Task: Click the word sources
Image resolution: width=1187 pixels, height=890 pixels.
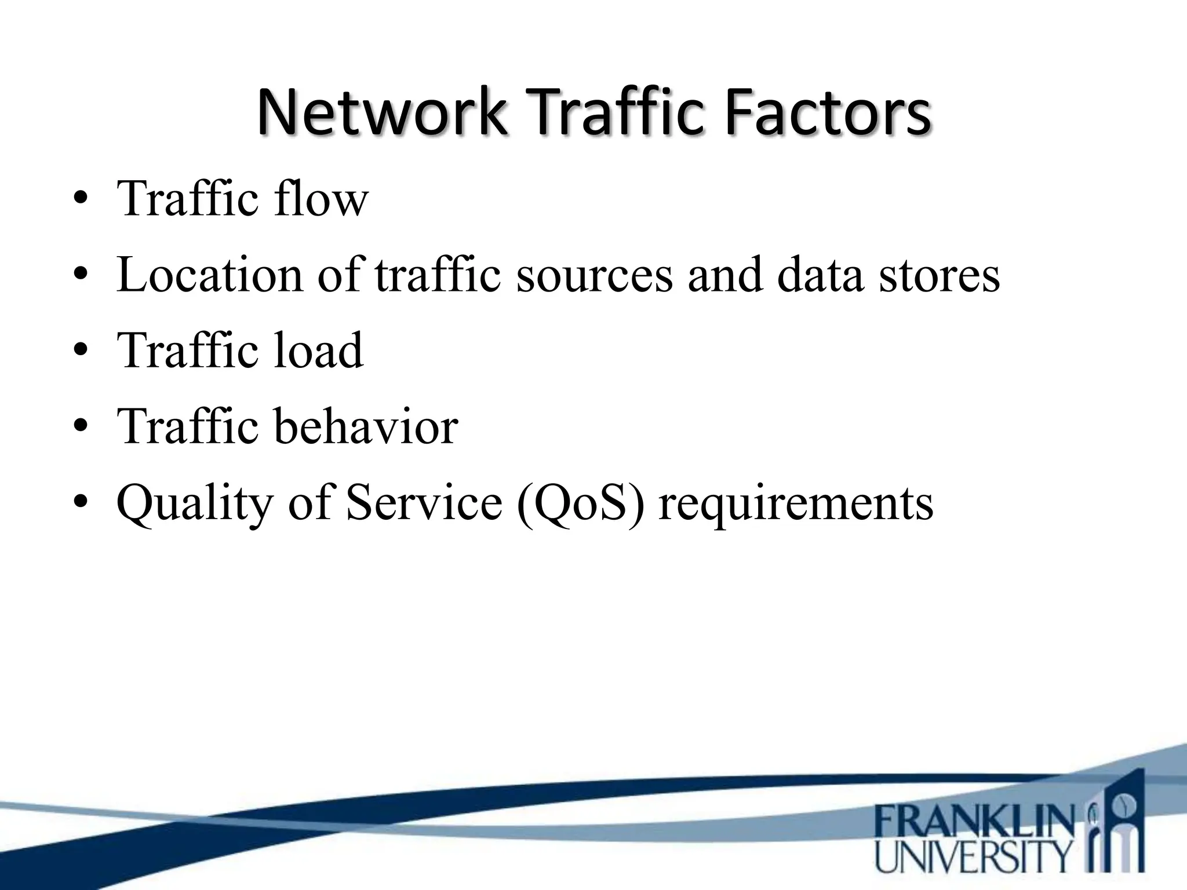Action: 594,275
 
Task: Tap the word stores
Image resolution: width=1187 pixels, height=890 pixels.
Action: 939,275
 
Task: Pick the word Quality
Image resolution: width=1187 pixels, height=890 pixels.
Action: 194,504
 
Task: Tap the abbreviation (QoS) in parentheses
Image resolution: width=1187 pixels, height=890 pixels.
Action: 580,503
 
